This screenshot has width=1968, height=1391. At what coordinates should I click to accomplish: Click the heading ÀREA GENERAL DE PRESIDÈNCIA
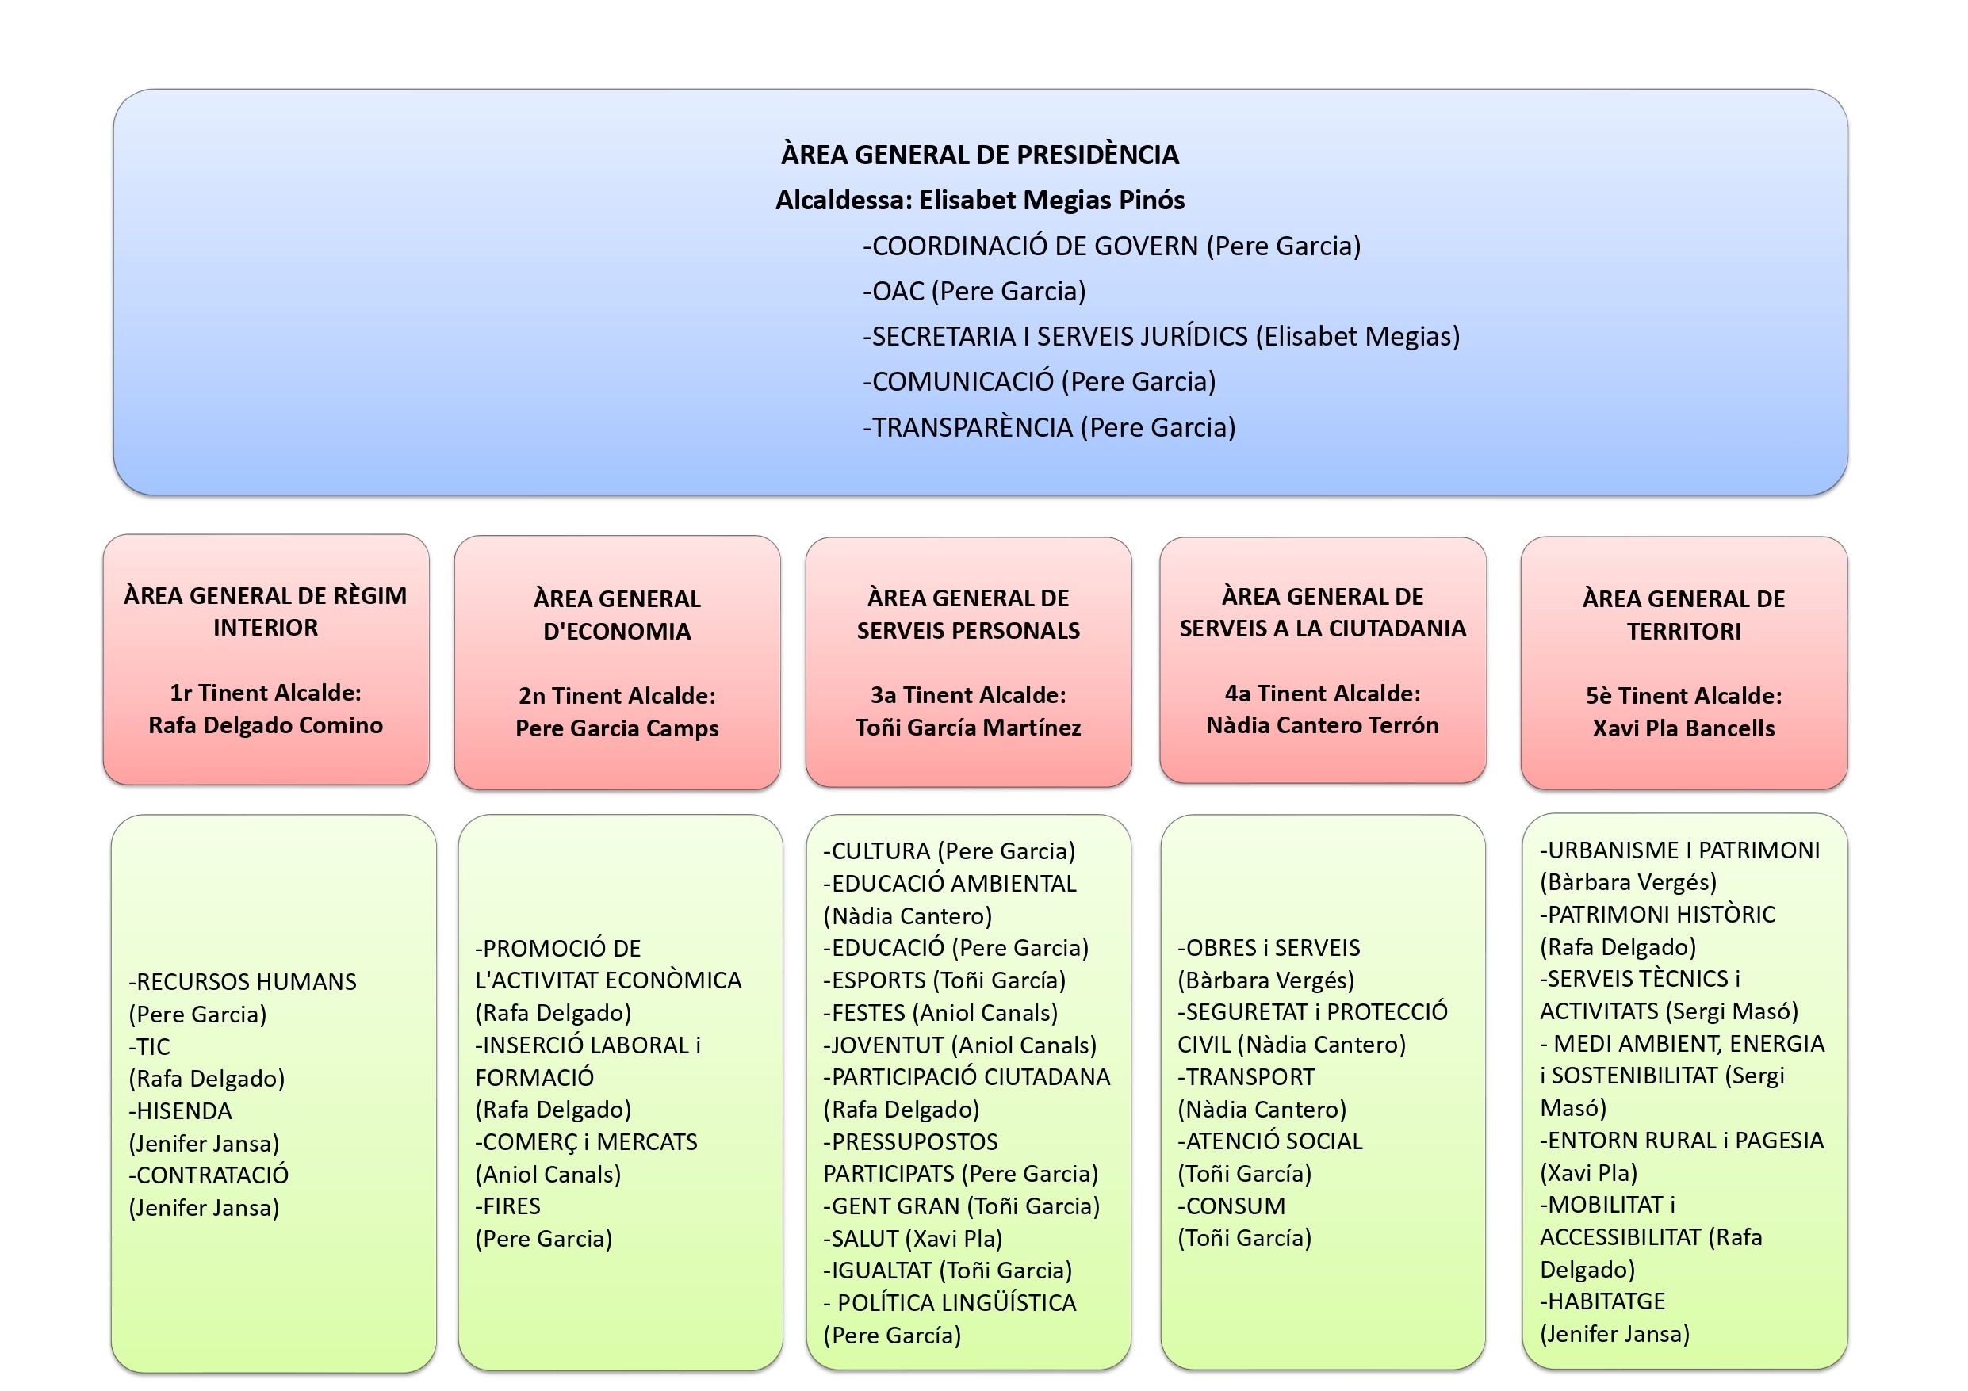[x=980, y=155]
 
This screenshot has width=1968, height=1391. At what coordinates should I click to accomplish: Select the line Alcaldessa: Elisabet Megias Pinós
[x=980, y=201]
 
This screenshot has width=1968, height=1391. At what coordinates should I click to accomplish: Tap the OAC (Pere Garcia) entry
[x=974, y=292]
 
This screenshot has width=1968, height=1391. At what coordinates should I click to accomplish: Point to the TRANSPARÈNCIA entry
[x=972, y=428]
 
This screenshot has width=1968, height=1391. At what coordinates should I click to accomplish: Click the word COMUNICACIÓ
[x=963, y=382]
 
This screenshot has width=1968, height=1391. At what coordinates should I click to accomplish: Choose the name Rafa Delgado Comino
[x=266, y=726]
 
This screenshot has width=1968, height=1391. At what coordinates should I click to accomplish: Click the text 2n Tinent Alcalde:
[x=616, y=696]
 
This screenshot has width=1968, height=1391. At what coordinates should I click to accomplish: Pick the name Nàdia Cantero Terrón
[x=1322, y=726]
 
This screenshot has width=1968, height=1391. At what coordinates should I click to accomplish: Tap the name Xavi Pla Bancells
[x=1683, y=728]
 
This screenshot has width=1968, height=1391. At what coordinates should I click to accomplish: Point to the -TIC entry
[x=150, y=1047]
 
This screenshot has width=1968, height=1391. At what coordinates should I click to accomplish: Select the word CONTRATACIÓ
[x=212, y=1176]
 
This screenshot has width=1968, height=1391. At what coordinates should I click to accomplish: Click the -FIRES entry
[x=508, y=1207]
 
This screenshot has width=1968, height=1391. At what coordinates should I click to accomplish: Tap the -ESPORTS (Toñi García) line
[x=944, y=980]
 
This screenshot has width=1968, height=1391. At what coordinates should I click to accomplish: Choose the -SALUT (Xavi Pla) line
[x=913, y=1240]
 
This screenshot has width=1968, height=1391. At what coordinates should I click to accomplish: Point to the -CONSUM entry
[x=1231, y=1207]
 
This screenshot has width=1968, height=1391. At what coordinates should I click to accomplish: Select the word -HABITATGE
[x=1602, y=1302]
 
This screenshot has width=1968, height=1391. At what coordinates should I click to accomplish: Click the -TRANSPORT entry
[x=1246, y=1077]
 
